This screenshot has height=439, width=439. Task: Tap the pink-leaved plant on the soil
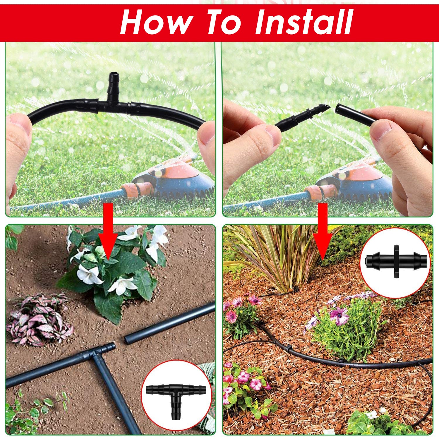click(x=38, y=319)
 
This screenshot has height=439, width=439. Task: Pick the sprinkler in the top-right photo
click(x=360, y=181)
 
